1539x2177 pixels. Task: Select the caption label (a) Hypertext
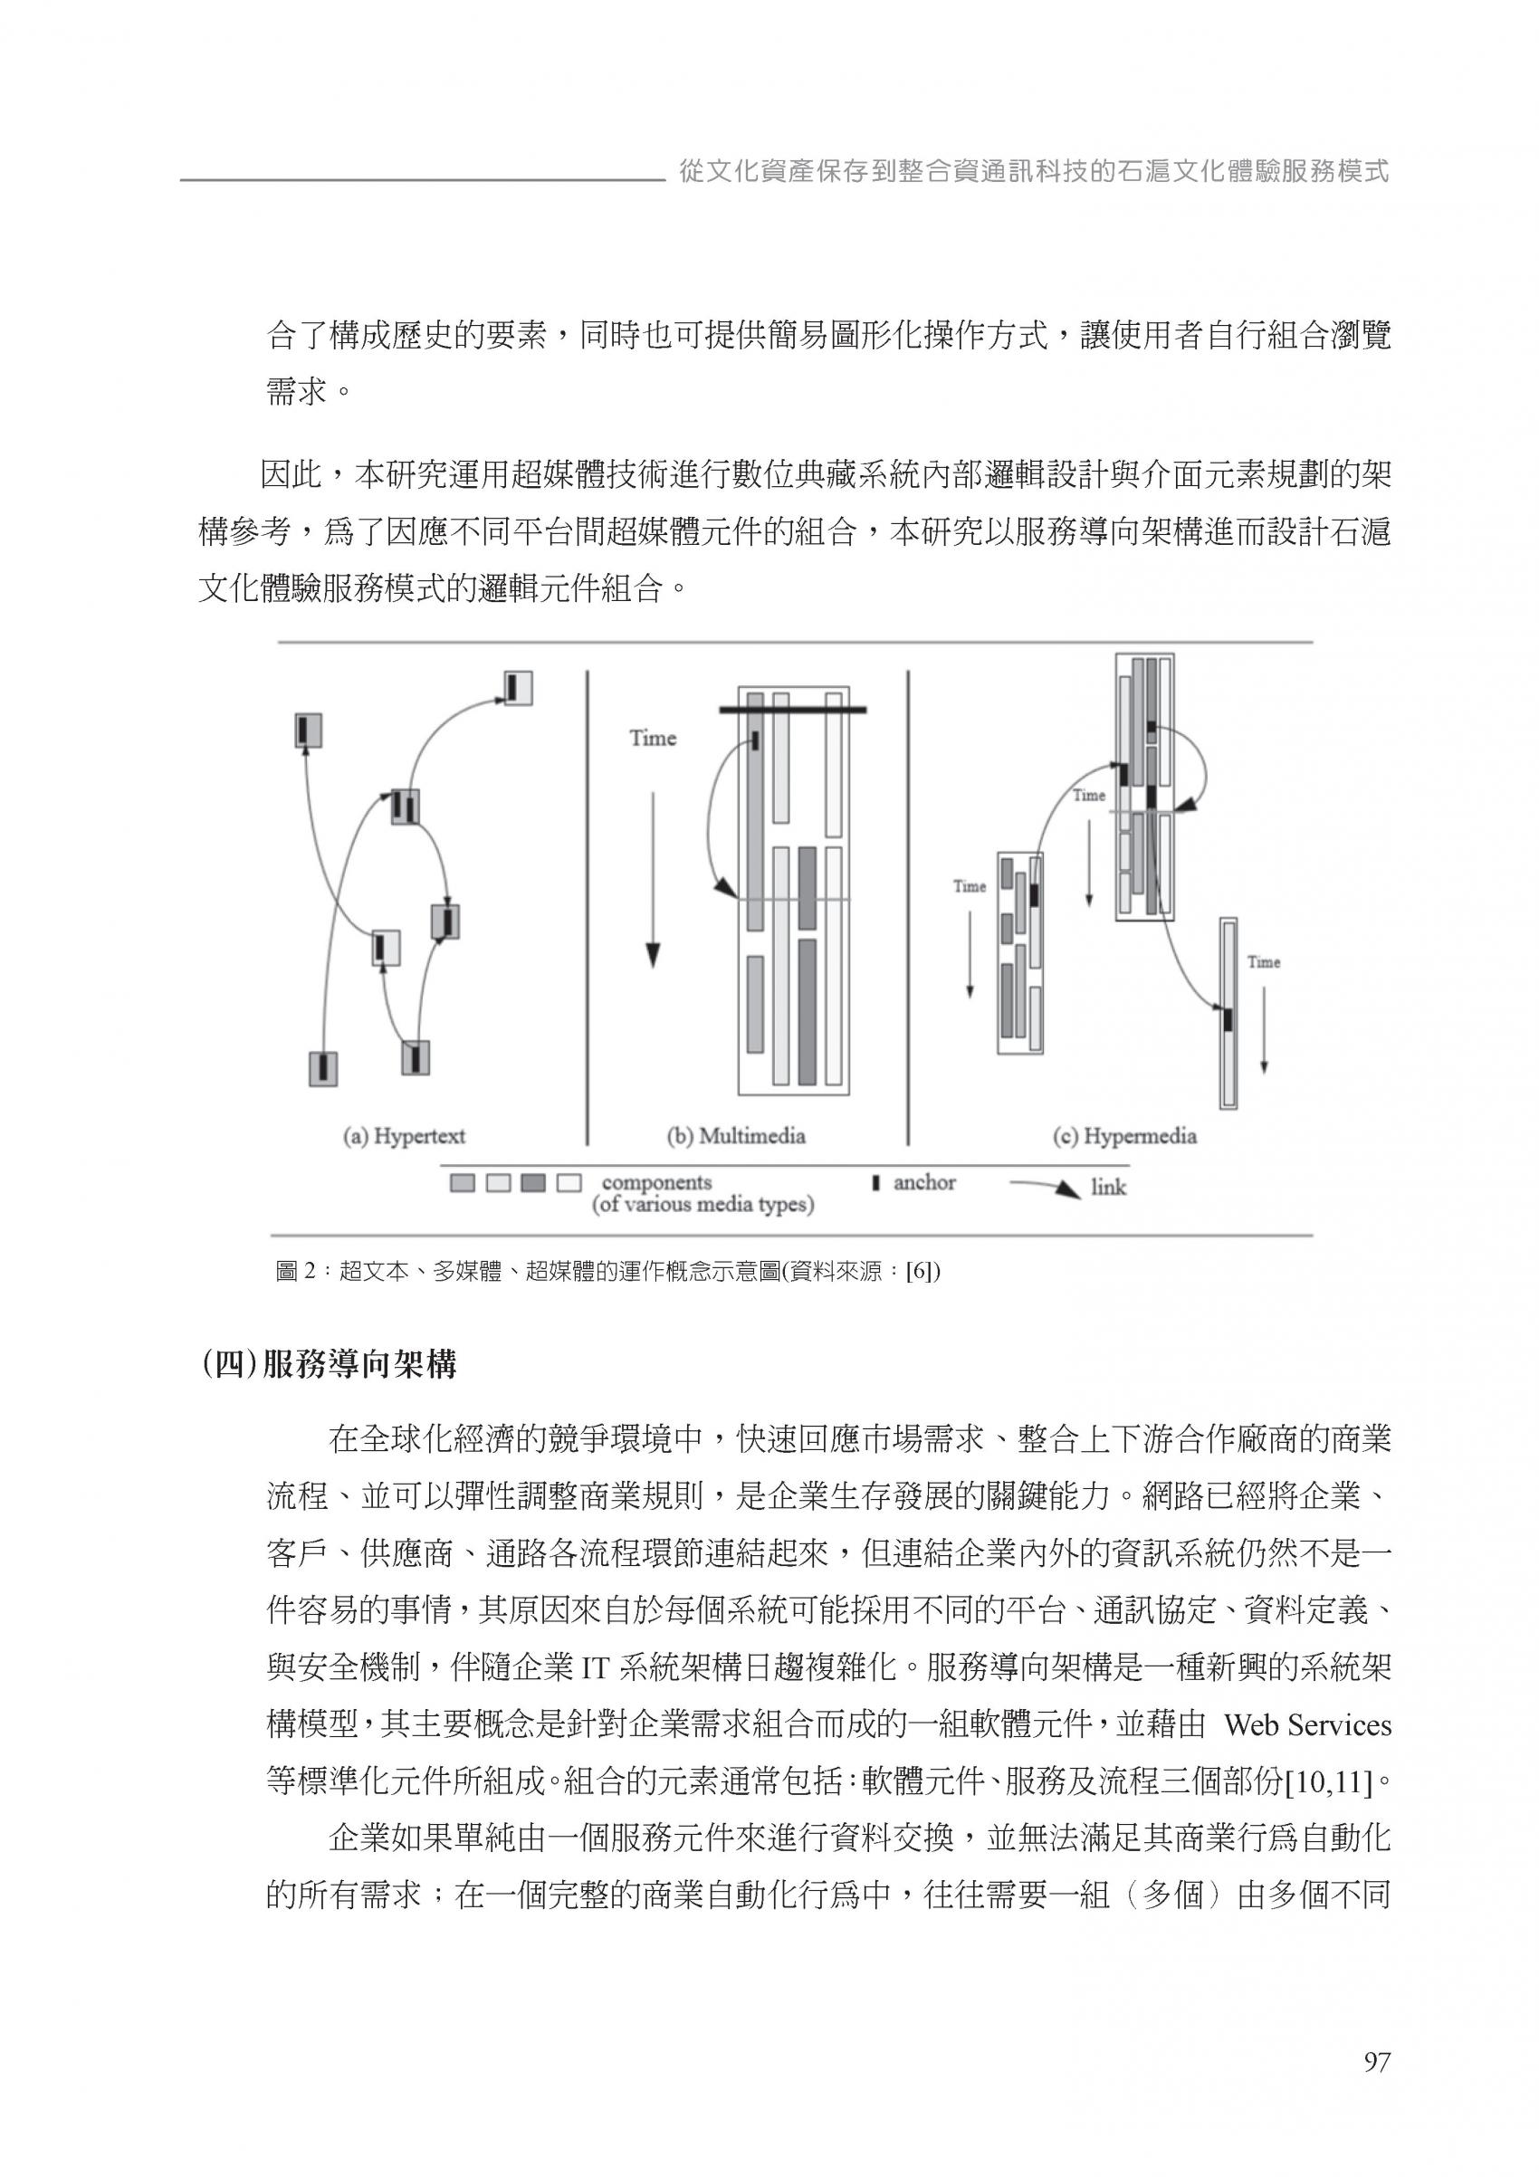click(404, 1136)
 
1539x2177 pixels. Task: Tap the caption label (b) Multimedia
click(736, 1136)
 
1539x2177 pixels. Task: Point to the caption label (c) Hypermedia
click(1124, 1136)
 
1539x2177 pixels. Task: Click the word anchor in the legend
click(923, 1182)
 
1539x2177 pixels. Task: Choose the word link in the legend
click(1107, 1187)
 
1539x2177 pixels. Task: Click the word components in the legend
click(656, 1182)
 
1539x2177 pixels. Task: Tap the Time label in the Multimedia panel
click(653, 738)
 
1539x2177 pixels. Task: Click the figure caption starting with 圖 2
click(607, 1272)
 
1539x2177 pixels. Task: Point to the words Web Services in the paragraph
click(1307, 1724)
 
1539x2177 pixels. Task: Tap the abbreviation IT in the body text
click(594, 1668)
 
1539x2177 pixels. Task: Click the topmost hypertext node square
click(518, 687)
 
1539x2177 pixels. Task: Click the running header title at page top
click(1034, 172)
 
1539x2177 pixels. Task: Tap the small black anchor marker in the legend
click(875, 1183)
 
